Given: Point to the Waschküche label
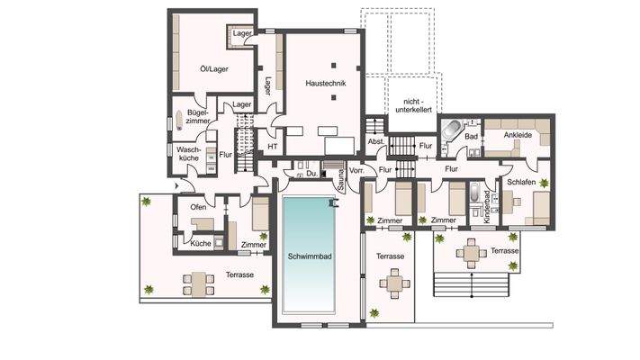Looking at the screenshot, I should [x=188, y=154].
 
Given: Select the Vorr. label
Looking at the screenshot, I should [x=356, y=168].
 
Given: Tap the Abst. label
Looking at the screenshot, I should [x=377, y=143].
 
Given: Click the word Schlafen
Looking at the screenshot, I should [x=522, y=180].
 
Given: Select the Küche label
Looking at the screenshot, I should [x=201, y=243].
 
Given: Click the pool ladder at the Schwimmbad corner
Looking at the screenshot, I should [x=332, y=203].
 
